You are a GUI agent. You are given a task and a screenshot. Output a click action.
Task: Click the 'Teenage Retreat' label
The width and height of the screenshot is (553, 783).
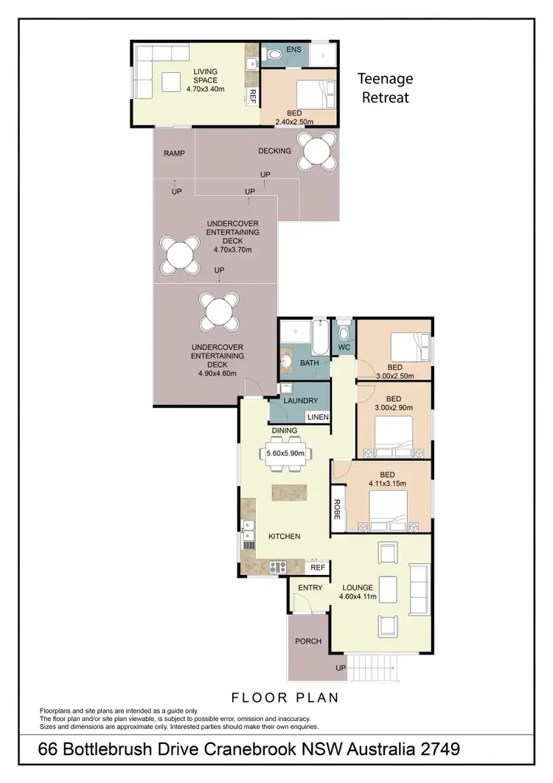[385, 87]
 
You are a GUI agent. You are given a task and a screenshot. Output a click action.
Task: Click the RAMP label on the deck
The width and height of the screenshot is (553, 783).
[174, 154]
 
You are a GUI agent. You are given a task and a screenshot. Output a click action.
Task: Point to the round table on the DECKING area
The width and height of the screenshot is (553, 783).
[317, 151]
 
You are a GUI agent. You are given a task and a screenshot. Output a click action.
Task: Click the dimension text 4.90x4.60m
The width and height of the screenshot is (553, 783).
[217, 374]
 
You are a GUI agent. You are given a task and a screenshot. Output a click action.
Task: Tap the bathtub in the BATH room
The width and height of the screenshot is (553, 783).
[318, 338]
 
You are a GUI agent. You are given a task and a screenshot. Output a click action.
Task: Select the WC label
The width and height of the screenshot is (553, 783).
[344, 347]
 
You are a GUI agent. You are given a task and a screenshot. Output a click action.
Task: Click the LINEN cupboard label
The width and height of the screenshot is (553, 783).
[318, 417]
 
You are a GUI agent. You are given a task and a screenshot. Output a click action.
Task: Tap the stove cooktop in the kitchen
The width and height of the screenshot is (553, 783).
[278, 567]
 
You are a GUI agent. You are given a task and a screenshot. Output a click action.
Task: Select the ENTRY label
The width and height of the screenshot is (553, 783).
[310, 587]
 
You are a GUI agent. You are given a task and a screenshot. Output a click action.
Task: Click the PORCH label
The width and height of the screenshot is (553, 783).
[308, 641]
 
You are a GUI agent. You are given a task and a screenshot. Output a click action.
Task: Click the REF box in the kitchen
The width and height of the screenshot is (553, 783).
[317, 568]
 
